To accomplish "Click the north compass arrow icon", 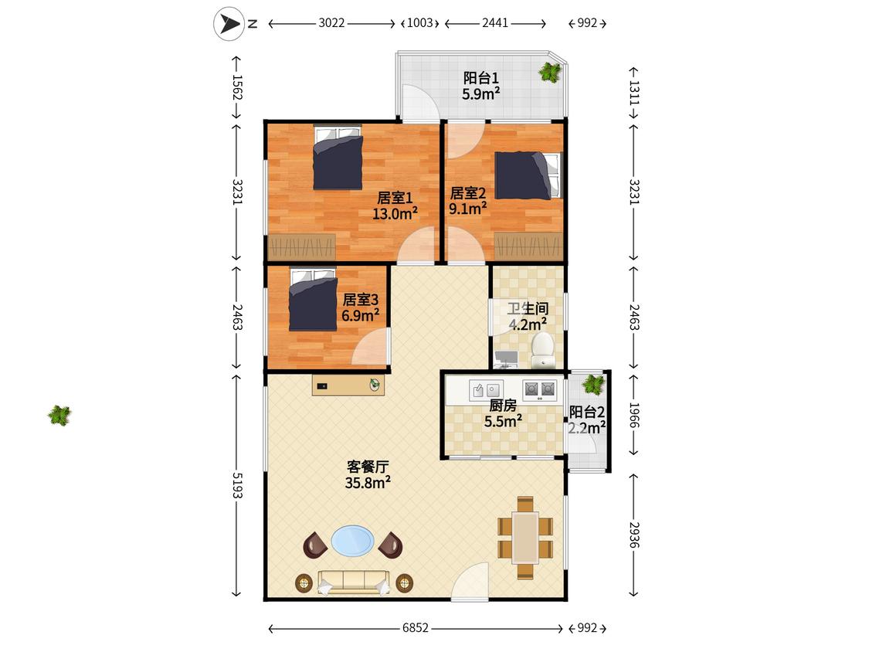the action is click(x=229, y=24).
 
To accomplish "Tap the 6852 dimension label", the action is click(x=416, y=627).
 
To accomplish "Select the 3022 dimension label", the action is click(x=331, y=22).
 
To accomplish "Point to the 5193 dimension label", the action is click(x=237, y=485).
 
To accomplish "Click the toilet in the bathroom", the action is click(x=542, y=350).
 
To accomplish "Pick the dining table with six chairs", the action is click(x=525, y=538).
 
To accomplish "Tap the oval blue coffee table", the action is click(x=352, y=541).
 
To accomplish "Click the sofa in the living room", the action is click(x=353, y=582).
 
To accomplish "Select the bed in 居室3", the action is click(x=313, y=300).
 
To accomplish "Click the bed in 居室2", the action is click(x=528, y=175).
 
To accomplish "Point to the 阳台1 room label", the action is click(x=481, y=77).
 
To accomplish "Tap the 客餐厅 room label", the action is click(x=368, y=467).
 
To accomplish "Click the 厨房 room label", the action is click(x=503, y=406).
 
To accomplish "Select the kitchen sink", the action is click(x=486, y=390).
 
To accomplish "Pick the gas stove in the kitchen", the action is click(x=539, y=390).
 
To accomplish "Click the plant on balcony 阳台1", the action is click(x=550, y=72).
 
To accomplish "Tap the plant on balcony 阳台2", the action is click(x=593, y=384).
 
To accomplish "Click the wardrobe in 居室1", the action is click(x=302, y=247).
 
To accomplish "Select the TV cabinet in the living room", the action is click(x=348, y=385).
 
